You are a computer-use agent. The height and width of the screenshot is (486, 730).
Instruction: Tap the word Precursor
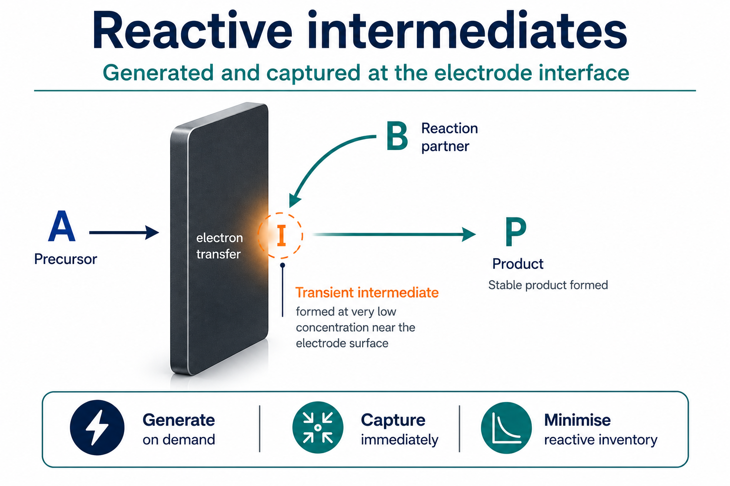(66, 259)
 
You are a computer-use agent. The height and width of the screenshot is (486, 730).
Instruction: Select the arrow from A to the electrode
(124, 233)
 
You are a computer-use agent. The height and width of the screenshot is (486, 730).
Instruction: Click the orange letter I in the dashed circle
(281, 235)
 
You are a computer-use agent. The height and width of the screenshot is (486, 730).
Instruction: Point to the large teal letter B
(397, 136)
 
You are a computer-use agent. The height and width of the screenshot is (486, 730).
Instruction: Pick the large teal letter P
(515, 232)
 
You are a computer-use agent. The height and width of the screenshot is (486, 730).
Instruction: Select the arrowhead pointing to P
(469, 234)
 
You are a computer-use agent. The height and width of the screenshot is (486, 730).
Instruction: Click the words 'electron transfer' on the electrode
(219, 246)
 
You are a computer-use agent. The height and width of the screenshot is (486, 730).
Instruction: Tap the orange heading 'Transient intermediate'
(367, 292)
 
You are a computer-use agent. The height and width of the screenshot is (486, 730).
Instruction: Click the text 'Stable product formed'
(548, 285)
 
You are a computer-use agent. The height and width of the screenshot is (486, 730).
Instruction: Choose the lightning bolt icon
(97, 428)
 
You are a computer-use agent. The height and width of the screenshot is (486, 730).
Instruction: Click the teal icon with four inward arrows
(318, 428)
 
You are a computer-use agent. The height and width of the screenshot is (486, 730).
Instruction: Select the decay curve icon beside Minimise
(506, 428)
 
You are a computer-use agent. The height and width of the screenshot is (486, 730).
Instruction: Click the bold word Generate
(179, 420)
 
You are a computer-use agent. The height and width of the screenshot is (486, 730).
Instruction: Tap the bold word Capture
(393, 420)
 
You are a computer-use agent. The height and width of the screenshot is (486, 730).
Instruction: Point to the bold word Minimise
(577, 420)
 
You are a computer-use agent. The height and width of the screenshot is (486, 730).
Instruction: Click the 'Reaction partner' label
(450, 137)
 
